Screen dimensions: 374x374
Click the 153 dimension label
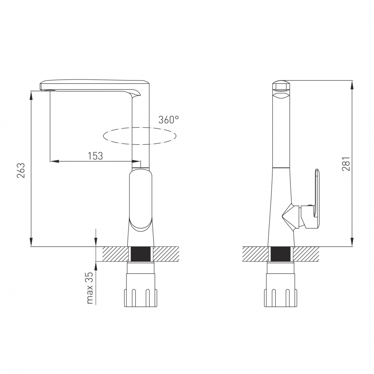[95, 156]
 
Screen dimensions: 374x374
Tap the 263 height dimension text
[21, 170]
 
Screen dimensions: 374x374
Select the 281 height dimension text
[346, 164]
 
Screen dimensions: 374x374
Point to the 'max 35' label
[90, 288]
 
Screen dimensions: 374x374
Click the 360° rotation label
[169, 120]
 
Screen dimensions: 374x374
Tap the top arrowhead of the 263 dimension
[31, 95]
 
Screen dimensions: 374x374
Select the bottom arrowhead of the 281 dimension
[352, 242]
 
